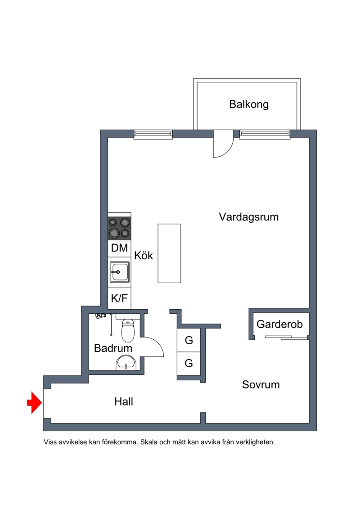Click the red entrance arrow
pos(33,402)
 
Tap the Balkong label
pos(249,104)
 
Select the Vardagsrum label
pos(248,217)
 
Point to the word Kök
pos(144,256)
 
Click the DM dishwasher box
pos(119,248)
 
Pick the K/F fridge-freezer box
pos(119,298)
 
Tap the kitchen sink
pos(119,272)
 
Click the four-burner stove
pos(119,228)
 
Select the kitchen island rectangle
pos(169,253)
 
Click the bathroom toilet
pos(128,331)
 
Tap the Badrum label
pos(113,348)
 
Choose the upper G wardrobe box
pos(189,341)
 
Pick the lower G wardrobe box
pos(189,363)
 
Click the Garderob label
pos(279,324)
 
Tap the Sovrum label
pos(261,385)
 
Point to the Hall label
pos(124,401)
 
